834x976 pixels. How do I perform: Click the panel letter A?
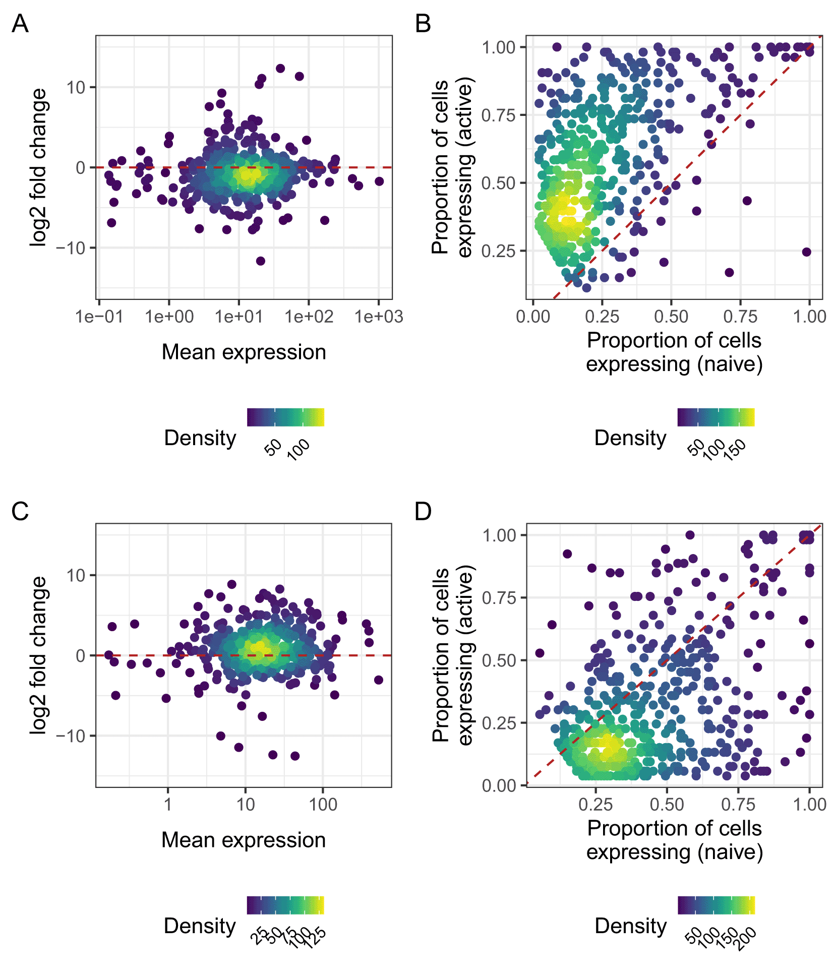coord(20,24)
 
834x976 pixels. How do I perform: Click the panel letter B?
coord(423,24)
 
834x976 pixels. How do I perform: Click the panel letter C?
coord(20,511)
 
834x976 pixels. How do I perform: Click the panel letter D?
coord(423,511)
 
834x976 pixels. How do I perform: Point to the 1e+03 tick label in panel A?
coord(379,317)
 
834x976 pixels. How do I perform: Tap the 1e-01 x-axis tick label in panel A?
coord(99,317)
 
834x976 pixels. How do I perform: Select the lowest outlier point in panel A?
coord(260,261)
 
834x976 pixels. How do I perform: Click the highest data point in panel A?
coord(280,69)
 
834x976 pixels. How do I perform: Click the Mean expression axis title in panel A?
coord(244,352)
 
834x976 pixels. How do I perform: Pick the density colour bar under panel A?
coord(285,417)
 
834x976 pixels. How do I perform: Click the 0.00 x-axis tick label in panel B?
coord(533,317)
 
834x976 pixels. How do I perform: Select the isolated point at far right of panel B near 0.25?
coord(806,252)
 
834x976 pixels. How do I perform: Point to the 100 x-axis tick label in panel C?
coord(323,805)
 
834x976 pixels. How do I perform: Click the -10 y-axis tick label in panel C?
coord(71,736)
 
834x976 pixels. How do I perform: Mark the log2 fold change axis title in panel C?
coord(38,655)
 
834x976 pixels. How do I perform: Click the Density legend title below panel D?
coord(630,926)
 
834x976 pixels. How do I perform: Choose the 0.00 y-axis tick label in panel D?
coord(499,785)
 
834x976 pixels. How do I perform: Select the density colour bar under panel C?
coord(285,905)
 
